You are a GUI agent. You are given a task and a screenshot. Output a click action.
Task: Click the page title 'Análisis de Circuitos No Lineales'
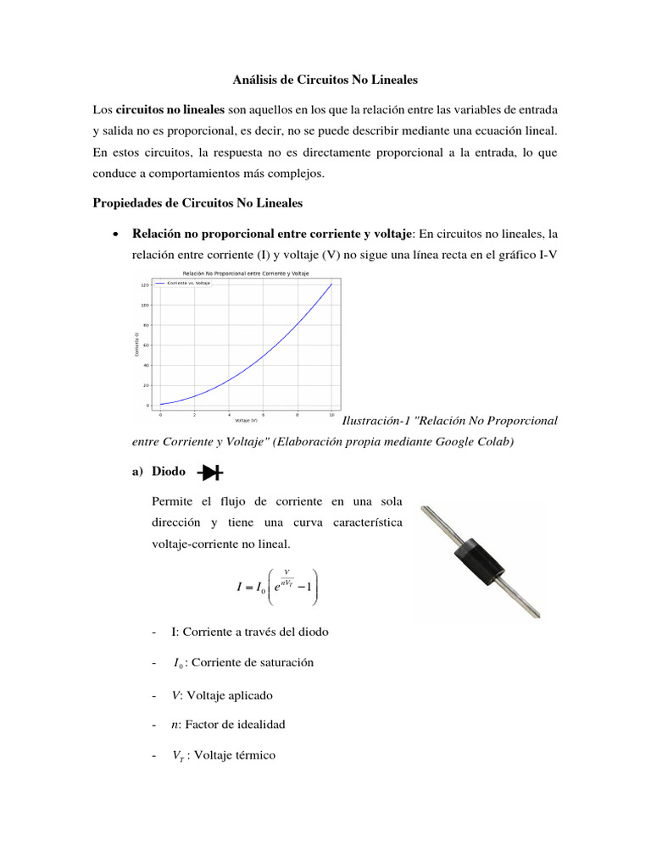325,80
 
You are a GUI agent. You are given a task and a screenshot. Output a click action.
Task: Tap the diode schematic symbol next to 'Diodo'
209,472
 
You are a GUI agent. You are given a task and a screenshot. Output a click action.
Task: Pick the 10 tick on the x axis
331,415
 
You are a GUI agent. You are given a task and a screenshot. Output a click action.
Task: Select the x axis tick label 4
229,415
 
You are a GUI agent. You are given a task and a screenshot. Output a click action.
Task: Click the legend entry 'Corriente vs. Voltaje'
188,283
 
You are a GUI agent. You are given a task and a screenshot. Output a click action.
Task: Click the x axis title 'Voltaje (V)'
246,421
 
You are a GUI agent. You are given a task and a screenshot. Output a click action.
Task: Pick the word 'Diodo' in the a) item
169,472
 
